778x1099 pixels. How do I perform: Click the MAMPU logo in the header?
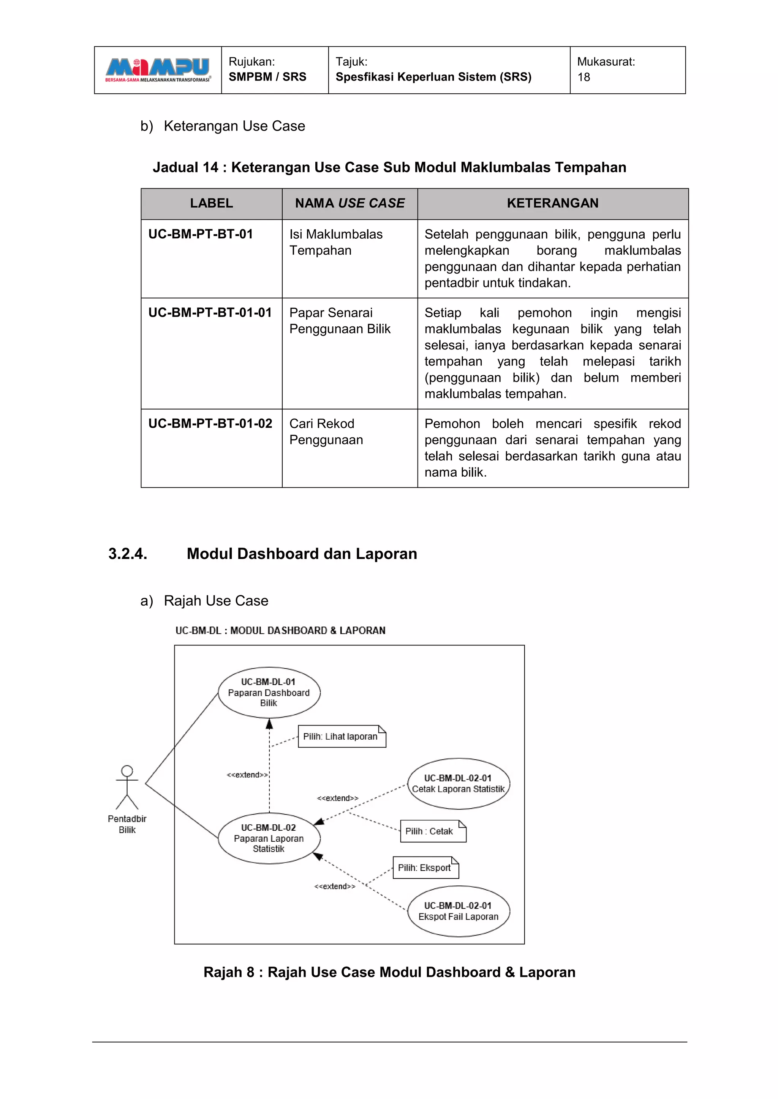pos(158,70)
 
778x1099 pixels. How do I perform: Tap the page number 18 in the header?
pos(583,77)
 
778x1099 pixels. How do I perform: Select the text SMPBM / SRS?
pos(267,77)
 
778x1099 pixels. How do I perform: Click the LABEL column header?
pos(211,203)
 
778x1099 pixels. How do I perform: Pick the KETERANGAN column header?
pos(552,203)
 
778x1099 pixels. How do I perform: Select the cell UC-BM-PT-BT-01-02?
pos(210,424)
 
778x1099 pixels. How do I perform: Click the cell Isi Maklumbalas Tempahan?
pos(336,242)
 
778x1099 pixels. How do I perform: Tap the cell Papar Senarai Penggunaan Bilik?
pos(340,321)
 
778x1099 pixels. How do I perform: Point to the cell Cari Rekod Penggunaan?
pos(326,432)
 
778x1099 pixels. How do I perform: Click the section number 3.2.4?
pos(127,554)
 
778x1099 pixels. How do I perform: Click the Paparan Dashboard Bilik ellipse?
pos(269,693)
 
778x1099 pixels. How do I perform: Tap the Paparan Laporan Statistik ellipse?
pos(269,838)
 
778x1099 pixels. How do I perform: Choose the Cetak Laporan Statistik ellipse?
pos(459,784)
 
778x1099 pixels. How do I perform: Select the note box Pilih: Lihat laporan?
pos(342,736)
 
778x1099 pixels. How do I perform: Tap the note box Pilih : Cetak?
pos(433,831)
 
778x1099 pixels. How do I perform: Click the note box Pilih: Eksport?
pos(425,868)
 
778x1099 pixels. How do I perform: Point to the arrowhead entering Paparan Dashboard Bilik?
pos(269,723)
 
